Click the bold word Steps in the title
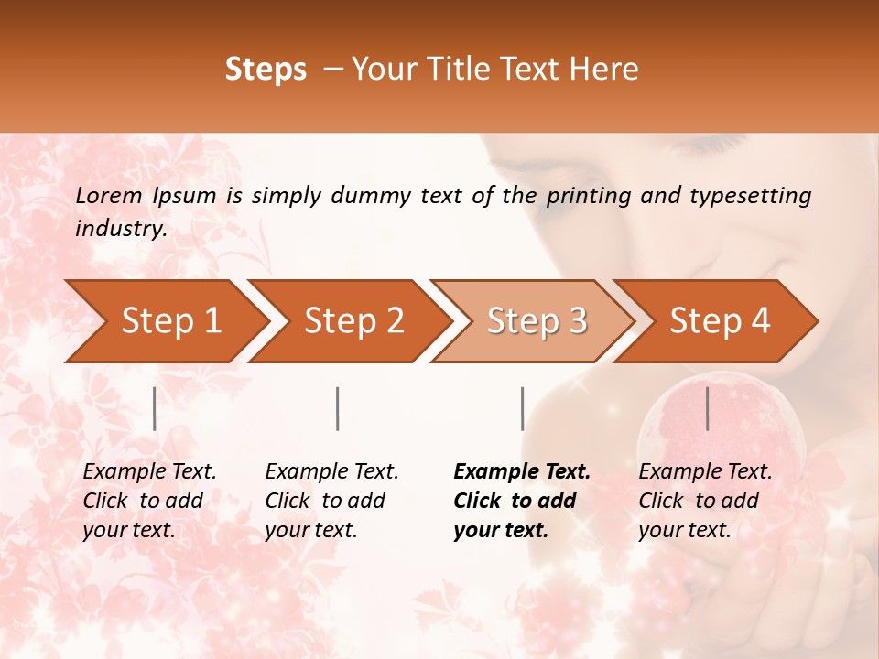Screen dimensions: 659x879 (x=266, y=70)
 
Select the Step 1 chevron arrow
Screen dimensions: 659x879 (x=165, y=320)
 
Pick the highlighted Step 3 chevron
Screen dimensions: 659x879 (x=536, y=320)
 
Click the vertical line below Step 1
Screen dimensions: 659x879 (x=154, y=408)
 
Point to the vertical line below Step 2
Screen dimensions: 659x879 (x=338, y=408)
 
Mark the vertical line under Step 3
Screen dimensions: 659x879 (x=522, y=408)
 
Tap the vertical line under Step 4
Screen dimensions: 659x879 (x=707, y=408)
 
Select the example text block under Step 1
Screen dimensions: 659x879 (x=149, y=500)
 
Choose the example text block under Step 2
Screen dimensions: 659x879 (x=331, y=500)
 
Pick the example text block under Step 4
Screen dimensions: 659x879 (x=705, y=500)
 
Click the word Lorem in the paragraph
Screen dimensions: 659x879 (x=109, y=195)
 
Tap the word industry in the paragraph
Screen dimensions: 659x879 (x=120, y=229)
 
